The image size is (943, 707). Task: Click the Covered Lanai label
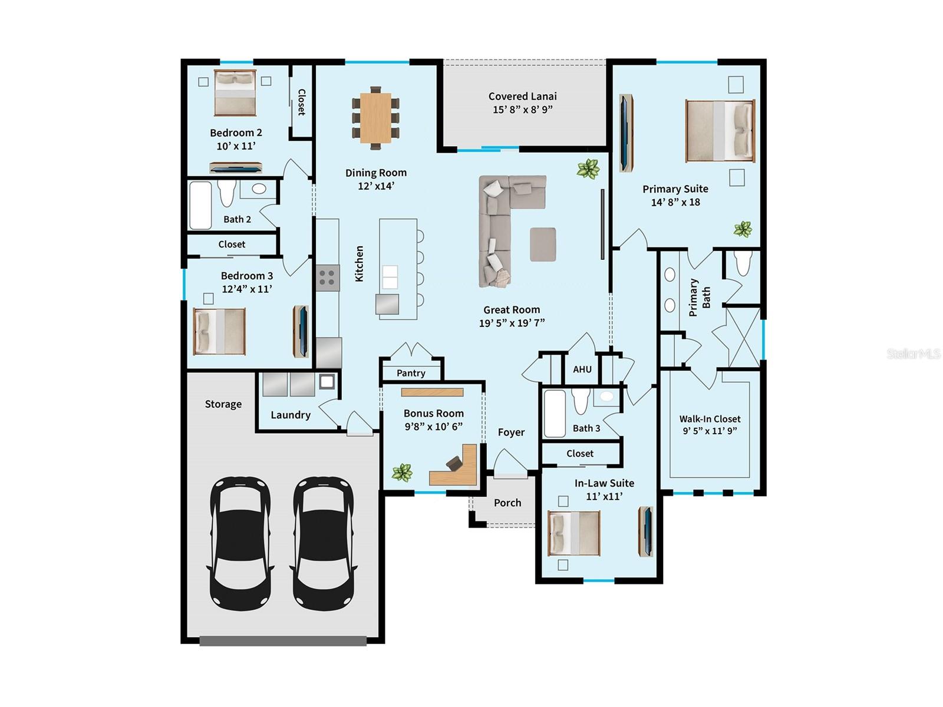click(x=522, y=96)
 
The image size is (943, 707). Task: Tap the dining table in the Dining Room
click(x=376, y=117)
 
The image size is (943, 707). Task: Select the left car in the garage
click(x=240, y=543)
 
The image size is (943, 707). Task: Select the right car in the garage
click(x=324, y=543)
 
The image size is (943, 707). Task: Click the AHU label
click(x=582, y=369)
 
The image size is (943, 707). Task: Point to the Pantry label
click(x=411, y=373)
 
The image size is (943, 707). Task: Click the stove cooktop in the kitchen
click(x=328, y=277)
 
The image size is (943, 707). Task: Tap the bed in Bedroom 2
click(x=235, y=93)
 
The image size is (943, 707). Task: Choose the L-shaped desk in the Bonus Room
click(x=457, y=468)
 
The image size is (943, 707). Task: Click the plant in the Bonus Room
click(x=402, y=472)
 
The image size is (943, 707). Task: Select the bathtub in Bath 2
click(x=200, y=205)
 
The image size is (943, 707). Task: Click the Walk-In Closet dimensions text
click(x=710, y=431)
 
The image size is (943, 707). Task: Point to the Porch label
click(x=507, y=503)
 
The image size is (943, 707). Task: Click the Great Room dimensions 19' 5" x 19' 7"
click(x=512, y=323)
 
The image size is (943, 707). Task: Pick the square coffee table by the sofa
click(x=543, y=244)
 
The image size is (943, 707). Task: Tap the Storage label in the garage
click(x=223, y=404)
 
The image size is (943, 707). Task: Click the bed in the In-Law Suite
click(x=574, y=533)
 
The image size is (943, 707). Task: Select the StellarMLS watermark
click(x=913, y=353)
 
